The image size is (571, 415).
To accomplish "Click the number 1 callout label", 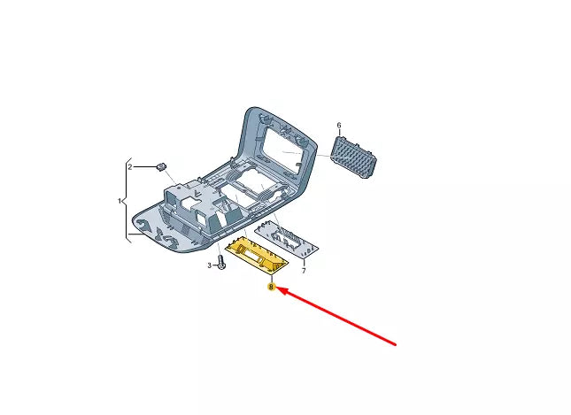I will click(x=120, y=202).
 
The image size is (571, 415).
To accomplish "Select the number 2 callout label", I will click(x=129, y=166).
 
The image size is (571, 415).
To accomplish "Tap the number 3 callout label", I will click(x=210, y=265).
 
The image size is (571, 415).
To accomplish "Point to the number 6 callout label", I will click(x=338, y=126).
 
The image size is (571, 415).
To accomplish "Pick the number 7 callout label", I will click(x=304, y=271).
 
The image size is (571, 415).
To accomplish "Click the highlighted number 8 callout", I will click(x=272, y=288).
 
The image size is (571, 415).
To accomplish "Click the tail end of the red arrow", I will click(x=396, y=343).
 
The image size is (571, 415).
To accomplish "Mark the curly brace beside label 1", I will click(x=127, y=202).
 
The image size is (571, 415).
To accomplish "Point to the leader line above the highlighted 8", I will click(x=272, y=279).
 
